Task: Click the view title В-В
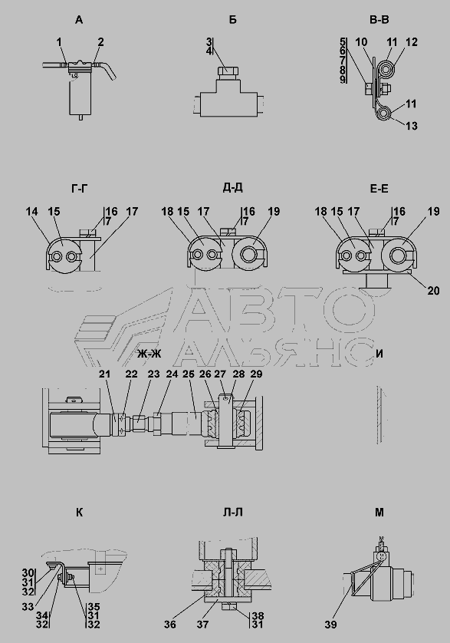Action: coord(379,19)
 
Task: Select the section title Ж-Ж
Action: coord(149,354)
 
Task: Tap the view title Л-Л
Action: coord(232,513)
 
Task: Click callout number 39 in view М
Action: coord(330,625)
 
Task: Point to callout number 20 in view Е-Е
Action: coord(433,291)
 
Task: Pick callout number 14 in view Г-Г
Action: coord(32,211)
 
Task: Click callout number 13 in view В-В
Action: coord(412,126)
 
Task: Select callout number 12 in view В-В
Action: coord(412,42)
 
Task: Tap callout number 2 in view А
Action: coord(101,42)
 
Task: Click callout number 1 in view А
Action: coord(59,42)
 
